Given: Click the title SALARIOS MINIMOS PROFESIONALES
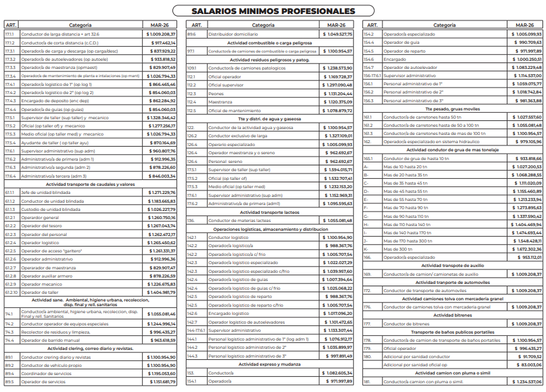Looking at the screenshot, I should tap(273, 11).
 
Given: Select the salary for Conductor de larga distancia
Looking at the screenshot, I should tap(160, 34).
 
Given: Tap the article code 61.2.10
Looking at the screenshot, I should tap(11, 292).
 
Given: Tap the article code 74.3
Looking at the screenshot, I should tap(9, 332).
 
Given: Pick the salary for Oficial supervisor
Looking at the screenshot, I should tap(337, 85).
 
